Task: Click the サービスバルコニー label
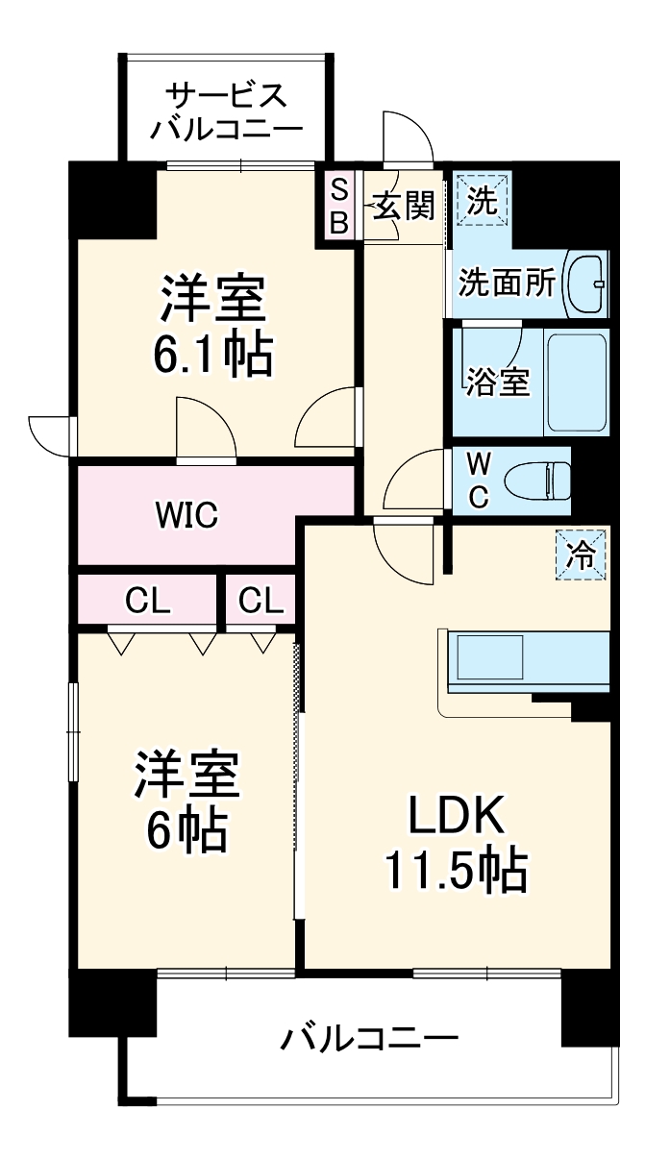226,111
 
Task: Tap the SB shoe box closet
338,205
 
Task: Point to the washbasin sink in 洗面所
586,284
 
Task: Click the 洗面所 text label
507,284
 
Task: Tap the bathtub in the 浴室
576,382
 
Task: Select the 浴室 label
497,382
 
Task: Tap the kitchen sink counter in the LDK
524,660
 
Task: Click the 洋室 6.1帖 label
213,327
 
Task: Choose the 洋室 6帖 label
186,802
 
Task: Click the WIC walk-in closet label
188,515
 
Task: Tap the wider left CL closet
147,602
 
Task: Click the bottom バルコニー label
369,1038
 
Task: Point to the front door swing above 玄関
406,137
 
